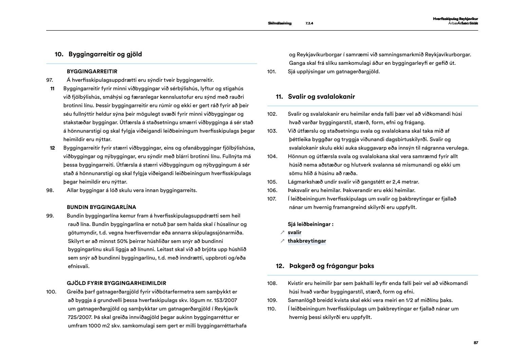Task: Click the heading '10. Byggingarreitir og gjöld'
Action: pyautogui.click(x=98, y=54)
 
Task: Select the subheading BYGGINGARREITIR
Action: pyautogui.click(x=92, y=72)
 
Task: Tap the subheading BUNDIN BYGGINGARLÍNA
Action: pyautogui.click(x=101, y=207)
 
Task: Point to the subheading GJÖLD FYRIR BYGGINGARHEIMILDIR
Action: pyautogui.click(x=116, y=283)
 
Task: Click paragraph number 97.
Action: pyautogui.click(x=50, y=80)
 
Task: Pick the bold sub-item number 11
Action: pyautogui.click(x=52, y=89)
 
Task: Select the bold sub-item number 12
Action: pyautogui.click(x=52, y=148)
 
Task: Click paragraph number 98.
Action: pyautogui.click(x=50, y=190)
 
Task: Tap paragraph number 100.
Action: pyautogui.click(x=51, y=291)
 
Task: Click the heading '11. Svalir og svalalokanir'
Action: pyautogui.click(x=315, y=97)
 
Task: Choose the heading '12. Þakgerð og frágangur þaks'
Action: pyautogui.click(x=325, y=266)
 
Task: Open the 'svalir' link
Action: pyautogui.click(x=295, y=232)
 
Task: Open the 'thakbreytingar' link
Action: pyautogui.click(x=307, y=241)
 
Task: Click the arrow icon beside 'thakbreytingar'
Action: pyautogui.click(x=282, y=241)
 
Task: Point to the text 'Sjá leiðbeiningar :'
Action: pyautogui.click(x=310, y=224)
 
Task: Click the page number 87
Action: pyautogui.click(x=476, y=343)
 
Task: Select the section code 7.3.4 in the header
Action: pyautogui.click(x=309, y=23)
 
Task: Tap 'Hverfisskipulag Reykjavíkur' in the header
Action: pyautogui.click(x=455, y=19)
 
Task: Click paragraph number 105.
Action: pyautogui.click(x=272, y=182)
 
